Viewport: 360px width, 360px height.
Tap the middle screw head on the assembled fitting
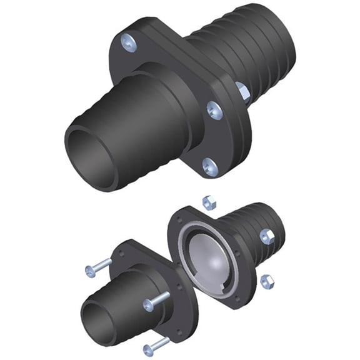pyautogui.click(x=214, y=110)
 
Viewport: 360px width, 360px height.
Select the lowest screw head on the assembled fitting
pyautogui.click(x=211, y=166)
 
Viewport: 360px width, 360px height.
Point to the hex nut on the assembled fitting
pyautogui.click(x=242, y=92)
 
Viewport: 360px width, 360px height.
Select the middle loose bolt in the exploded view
pyautogui.click(x=156, y=302)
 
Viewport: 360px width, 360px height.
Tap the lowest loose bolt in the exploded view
pyautogui.click(x=156, y=344)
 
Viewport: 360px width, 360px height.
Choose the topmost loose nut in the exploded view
pyautogui.click(x=209, y=202)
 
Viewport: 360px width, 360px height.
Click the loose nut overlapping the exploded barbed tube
pyautogui.click(x=267, y=236)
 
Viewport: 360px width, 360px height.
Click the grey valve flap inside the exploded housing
pyautogui.click(x=209, y=257)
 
